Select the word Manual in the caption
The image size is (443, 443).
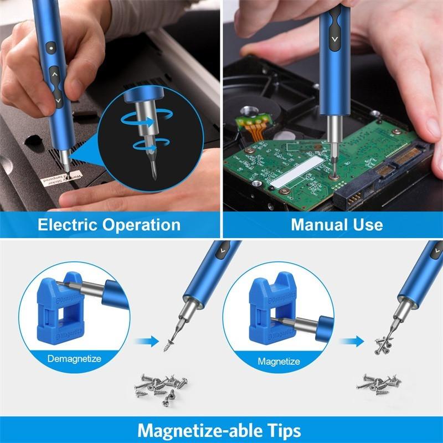(315, 225)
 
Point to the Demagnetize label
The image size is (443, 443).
(74, 359)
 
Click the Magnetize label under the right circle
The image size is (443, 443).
(279, 362)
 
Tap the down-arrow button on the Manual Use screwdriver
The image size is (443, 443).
(333, 40)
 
